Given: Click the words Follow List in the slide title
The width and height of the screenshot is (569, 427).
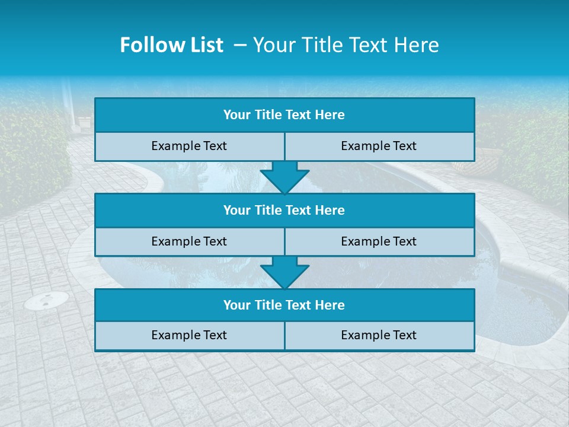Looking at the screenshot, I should pos(171,45).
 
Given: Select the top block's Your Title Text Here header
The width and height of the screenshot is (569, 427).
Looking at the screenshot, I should pos(284,115).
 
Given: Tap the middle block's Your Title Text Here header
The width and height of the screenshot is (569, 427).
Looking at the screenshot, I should pos(284,210).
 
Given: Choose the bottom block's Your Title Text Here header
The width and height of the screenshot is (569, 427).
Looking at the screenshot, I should pos(284,305).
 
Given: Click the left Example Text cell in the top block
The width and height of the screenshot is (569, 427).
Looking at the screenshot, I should pos(189,146).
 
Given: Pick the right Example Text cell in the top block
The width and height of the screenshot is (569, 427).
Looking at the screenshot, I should pos(379,146).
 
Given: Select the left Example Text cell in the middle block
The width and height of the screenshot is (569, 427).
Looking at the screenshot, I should pos(189,241).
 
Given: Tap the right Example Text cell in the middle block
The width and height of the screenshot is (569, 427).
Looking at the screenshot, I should pos(379,241).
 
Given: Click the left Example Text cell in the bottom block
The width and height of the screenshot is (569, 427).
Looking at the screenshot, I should pos(189,335).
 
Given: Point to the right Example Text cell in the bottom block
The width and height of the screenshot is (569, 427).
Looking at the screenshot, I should pos(379,335).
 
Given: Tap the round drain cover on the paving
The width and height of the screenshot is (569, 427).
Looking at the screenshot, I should pos(46,301).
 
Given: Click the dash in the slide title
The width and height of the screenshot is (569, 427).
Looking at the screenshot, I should pos(241,45).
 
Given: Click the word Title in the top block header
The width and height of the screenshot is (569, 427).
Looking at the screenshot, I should pos(268,115).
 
